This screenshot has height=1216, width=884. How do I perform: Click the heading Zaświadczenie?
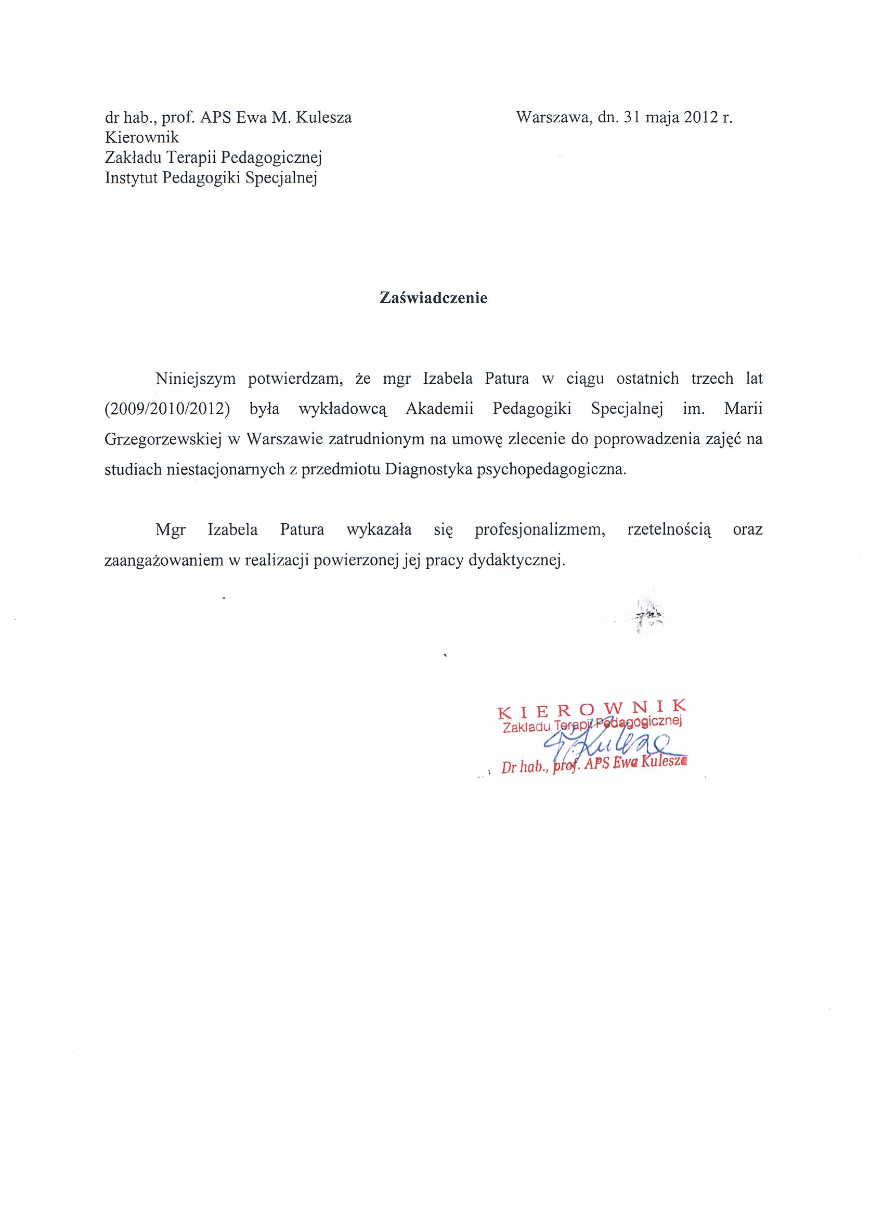(x=433, y=297)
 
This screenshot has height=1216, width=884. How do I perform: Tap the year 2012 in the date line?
(x=700, y=118)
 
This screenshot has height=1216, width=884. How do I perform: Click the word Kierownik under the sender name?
(x=142, y=137)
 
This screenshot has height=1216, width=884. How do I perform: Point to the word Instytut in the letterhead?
(x=131, y=178)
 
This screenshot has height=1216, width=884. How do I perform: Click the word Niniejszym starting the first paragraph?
(x=196, y=379)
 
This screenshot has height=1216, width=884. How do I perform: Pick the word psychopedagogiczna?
(x=551, y=470)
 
